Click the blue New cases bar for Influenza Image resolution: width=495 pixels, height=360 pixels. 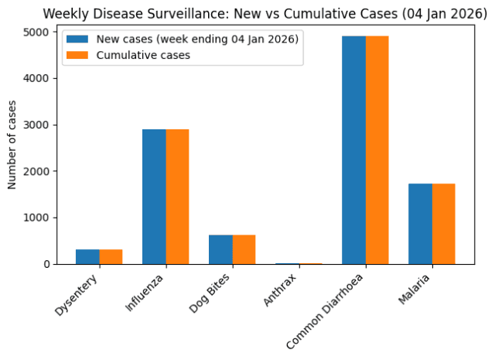154,197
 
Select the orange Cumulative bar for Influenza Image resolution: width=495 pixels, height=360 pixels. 177,197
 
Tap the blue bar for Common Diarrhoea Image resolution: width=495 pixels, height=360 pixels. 354,150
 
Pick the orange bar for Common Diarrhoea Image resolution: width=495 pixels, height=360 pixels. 377,150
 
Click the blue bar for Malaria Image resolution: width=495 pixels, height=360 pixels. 421,224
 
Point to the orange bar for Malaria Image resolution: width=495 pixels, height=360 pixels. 444,224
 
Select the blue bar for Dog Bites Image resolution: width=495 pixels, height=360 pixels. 220,250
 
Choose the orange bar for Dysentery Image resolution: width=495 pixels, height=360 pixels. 111,257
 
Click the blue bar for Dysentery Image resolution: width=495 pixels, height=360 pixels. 87,257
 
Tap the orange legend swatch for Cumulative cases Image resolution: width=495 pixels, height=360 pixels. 77,55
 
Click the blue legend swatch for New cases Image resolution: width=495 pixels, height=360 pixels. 77,39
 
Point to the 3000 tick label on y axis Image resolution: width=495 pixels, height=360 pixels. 36,125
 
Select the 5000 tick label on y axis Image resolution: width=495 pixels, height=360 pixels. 36,32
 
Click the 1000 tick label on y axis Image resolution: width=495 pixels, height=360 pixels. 36,218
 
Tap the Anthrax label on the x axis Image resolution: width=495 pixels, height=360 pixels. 280,290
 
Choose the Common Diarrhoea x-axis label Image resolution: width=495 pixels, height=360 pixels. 325,311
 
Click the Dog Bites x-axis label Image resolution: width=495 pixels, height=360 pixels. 210,293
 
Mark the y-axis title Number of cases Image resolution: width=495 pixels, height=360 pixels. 12,145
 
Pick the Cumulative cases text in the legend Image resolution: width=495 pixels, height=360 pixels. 143,55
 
